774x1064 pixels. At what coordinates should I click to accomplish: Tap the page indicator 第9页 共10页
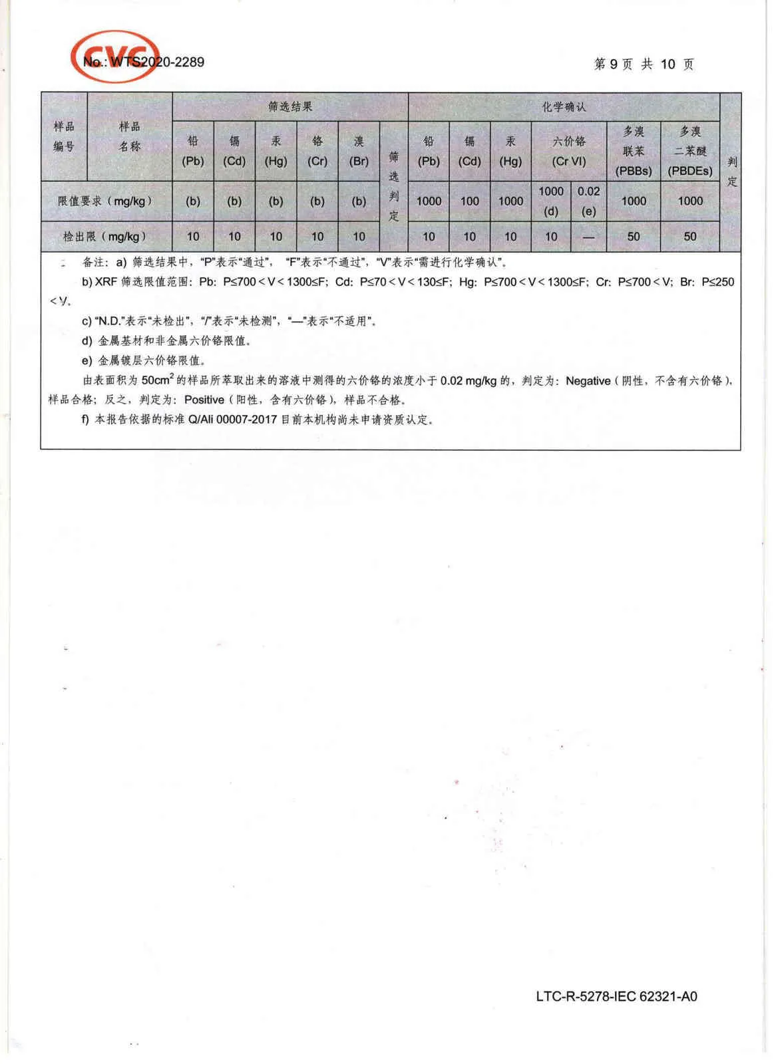pos(644,65)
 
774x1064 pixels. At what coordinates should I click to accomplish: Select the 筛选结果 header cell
pos(290,106)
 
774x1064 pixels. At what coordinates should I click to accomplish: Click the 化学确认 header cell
pos(564,106)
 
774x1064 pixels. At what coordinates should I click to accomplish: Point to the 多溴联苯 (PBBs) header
pos(634,151)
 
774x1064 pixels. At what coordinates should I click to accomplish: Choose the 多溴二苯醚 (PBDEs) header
pos(690,151)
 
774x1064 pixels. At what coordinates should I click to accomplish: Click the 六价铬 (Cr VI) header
pos(569,151)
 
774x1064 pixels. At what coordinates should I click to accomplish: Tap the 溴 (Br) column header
pos(359,151)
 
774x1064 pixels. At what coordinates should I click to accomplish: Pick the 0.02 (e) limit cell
pos(588,201)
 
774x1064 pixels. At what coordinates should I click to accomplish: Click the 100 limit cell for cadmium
pos(470,201)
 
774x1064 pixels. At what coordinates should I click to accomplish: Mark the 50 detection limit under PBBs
pos(634,236)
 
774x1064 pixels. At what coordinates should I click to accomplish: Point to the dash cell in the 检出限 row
pos(588,236)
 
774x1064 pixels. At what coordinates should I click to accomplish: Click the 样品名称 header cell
pos(130,136)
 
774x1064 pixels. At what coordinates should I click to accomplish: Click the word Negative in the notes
pos(588,381)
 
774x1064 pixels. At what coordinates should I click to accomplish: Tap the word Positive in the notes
pos(204,400)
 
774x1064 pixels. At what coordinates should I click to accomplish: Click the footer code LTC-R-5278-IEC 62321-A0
pos(616,996)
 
